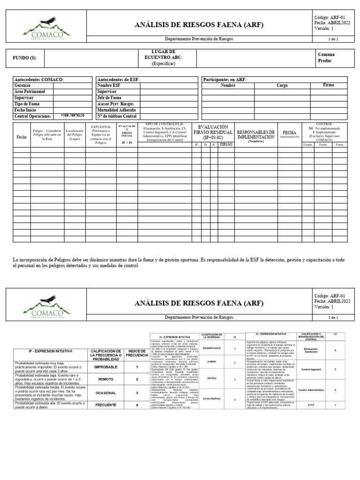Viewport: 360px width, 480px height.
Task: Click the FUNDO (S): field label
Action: click(x=24, y=58)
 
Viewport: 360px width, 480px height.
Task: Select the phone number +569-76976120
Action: click(x=72, y=115)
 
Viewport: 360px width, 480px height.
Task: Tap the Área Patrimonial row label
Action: click(x=30, y=92)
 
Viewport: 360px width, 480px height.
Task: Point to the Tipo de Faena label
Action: click(x=27, y=104)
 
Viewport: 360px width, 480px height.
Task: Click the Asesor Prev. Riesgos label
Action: click(x=115, y=104)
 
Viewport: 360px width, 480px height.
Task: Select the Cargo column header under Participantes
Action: click(x=282, y=86)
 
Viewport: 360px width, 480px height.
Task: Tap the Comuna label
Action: click(x=326, y=54)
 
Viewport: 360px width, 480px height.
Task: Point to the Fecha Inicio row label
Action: click(x=26, y=109)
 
